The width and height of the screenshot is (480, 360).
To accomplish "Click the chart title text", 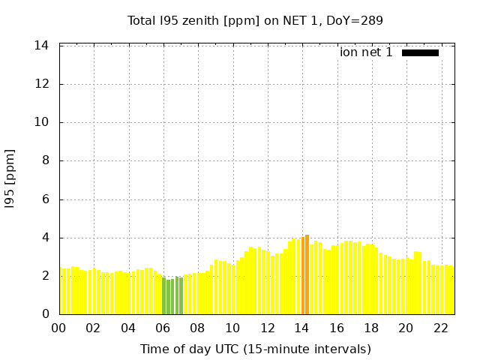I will (255, 20).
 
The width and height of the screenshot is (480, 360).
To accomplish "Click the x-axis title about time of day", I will (255, 349).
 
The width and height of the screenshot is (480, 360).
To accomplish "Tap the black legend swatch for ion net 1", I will (420, 52).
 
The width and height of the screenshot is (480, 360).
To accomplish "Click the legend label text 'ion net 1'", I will (366, 52).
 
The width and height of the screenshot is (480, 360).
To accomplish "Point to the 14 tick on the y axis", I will (42, 46).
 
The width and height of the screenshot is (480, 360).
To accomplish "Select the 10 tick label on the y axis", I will (42, 122).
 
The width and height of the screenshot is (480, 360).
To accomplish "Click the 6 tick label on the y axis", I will (45, 199).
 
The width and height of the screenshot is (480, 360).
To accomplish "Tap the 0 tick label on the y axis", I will (45, 314).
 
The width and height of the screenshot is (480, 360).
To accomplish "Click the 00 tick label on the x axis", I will (59, 328).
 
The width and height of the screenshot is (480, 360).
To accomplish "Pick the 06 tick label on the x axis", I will (163, 328).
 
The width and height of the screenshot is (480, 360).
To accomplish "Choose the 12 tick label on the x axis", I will (267, 328).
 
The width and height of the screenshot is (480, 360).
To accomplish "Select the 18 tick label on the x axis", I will (371, 328).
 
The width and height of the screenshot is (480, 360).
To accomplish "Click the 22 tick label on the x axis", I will (440, 328).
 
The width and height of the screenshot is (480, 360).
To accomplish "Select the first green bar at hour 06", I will (163, 296).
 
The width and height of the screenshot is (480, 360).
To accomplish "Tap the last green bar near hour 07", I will (181, 296).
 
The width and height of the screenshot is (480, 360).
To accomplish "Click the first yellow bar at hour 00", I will (61, 292).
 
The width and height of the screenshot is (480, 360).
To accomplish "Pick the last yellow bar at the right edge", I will (451, 291).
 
